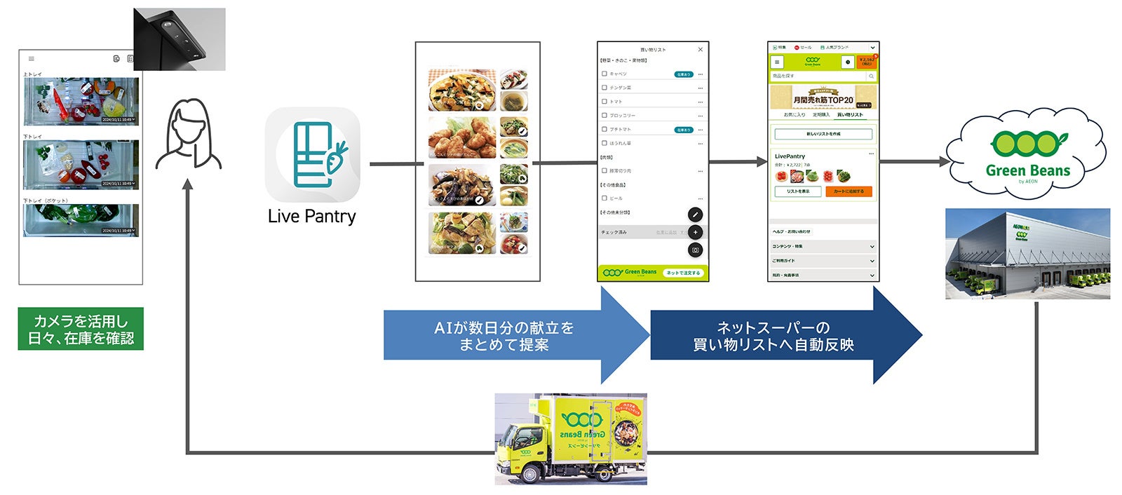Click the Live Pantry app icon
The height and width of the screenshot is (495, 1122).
(x=312, y=155)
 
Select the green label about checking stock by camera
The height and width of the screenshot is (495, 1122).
(x=81, y=329)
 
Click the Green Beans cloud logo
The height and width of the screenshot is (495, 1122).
(x=1027, y=156)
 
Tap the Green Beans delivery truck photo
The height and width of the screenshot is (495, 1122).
(x=571, y=439)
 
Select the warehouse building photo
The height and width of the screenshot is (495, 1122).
(x=1027, y=254)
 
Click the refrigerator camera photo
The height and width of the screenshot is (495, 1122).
(x=180, y=39)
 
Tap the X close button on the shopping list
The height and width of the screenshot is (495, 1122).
(x=700, y=50)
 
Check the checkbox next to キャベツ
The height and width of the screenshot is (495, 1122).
(x=604, y=74)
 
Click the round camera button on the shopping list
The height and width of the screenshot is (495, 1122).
(x=695, y=250)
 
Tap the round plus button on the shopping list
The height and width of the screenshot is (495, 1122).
(x=695, y=232)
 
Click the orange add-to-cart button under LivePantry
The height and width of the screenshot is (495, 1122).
(x=849, y=191)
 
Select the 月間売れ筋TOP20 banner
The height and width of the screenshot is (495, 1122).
(x=823, y=97)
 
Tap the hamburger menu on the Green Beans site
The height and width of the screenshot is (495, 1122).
(x=777, y=62)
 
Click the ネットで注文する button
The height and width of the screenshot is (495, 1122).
(x=683, y=273)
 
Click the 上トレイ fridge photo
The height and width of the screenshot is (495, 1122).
(x=81, y=101)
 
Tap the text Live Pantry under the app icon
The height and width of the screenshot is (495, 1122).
(x=312, y=217)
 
